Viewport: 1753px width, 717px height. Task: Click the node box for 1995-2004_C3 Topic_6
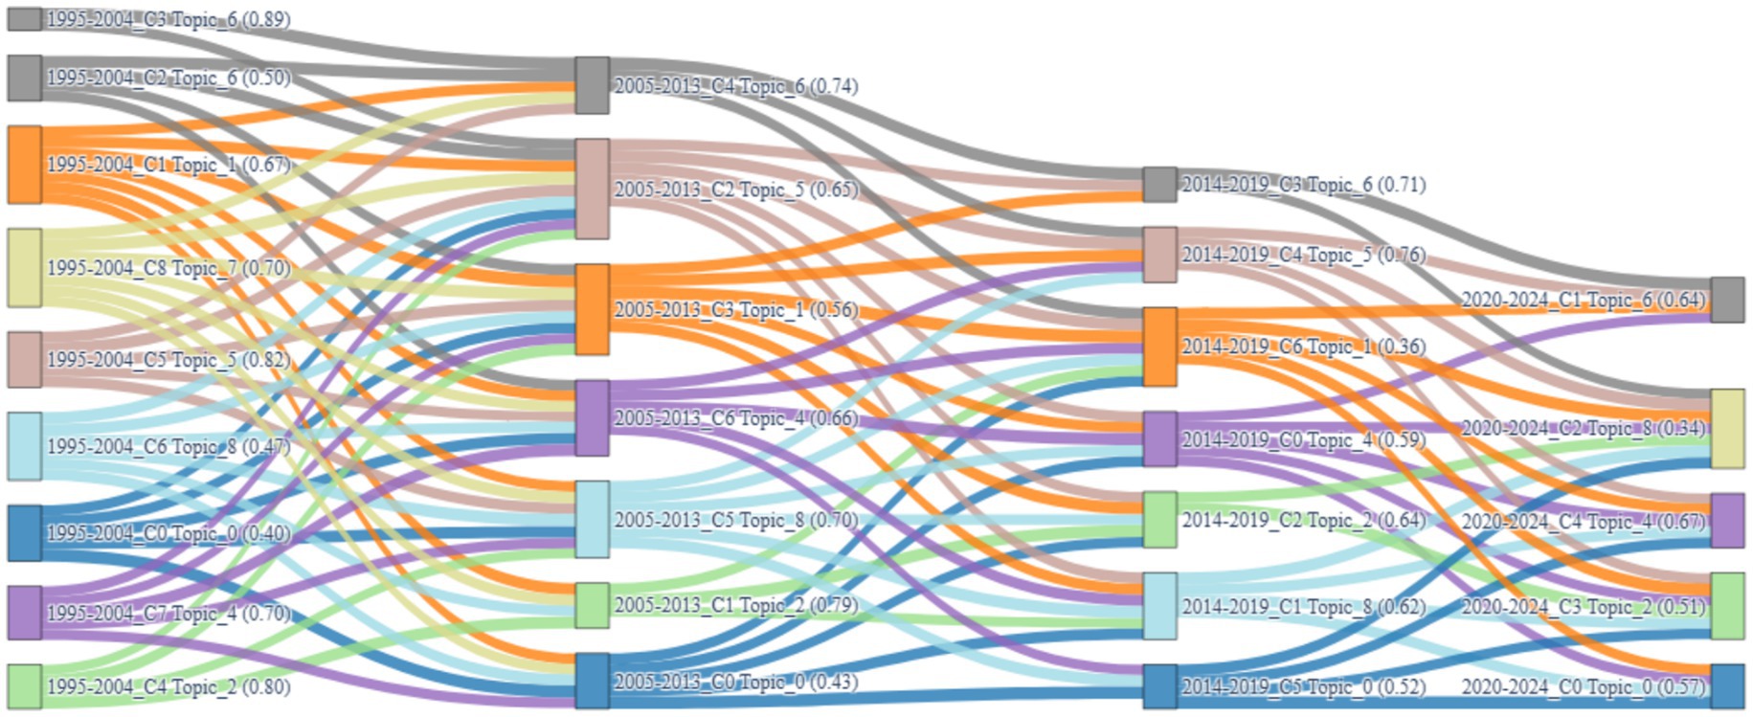pyautogui.click(x=25, y=18)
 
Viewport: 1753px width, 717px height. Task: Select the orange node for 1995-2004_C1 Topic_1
pyautogui.click(x=25, y=165)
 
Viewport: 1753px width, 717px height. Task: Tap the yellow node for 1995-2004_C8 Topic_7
pyautogui.click(x=25, y=267)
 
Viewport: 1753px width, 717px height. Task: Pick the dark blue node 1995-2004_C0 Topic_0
pyautogui.click(x=25, y=532)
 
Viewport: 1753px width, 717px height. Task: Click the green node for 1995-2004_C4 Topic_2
pyautogui.click(x=25, y=686)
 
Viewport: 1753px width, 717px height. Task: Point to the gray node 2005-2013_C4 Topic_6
pyautogui.click(x=592, y=85)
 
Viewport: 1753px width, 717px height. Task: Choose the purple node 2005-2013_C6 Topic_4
pyautogui.click(x=592, y=417)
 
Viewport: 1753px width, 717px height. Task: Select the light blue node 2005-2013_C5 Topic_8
pyautogui.click(x=592, y=519)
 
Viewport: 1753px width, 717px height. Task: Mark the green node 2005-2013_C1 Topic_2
pyautogui.click(x=592, y=605)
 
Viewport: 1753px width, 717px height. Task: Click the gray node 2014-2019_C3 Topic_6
pyautogui.click(x=1159, y=184)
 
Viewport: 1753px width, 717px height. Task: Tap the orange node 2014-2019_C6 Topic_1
pyautogui.click(x=1159, y=347)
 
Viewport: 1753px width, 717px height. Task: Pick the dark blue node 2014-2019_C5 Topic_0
pyautogui.click(x=1159, y=686)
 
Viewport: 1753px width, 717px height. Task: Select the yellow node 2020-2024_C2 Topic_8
pyautogui.click(x=1727, y=428)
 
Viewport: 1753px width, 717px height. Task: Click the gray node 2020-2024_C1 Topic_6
pyautogui.click(x=1727, y=300)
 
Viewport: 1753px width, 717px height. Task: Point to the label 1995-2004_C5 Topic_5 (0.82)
pyautogui.click(x=169, y=360)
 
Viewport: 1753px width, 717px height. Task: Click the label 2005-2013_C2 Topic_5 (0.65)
pyautogui.click(x=736, y=190)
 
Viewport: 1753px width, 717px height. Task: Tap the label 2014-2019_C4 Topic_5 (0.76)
pyautogui.click(x=1303, y=255)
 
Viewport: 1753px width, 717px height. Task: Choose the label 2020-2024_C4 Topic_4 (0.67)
pyautogui.click(x=1584, y=522)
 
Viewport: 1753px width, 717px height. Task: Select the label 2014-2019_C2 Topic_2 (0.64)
pyautogui.click(x=1303, y=521)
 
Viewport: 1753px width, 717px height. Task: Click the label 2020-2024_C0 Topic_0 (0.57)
pyautogui.click(x=1584, y=687)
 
